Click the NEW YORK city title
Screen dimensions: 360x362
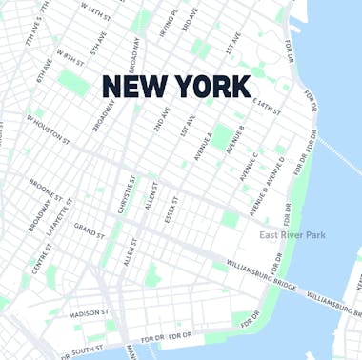[176, 87]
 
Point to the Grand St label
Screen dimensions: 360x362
[90, 231]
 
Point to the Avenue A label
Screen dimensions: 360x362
[204, 145]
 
